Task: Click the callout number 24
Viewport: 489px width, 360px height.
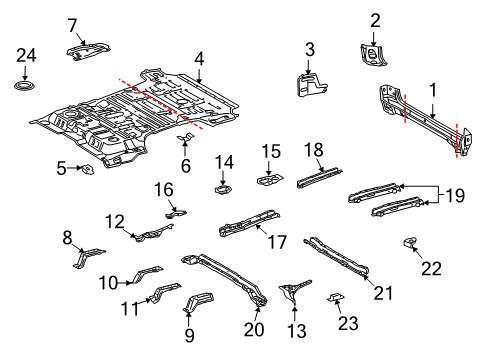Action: pos(25,55)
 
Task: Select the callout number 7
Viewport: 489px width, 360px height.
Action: pos(71,24)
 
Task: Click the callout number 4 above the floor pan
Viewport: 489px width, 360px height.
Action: pos(199,58)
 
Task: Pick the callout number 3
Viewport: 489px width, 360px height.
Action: pos(309,49)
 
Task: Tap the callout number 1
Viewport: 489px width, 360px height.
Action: pos(432,88)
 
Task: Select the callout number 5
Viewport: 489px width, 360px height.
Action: pos(61,168)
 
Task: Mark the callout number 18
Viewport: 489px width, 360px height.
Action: pos(313,149)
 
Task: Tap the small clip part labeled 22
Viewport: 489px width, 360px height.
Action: pos(408,242)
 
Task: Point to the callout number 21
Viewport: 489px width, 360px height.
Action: pos(380,290)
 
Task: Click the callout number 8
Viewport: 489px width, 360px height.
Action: pos(68,237)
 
